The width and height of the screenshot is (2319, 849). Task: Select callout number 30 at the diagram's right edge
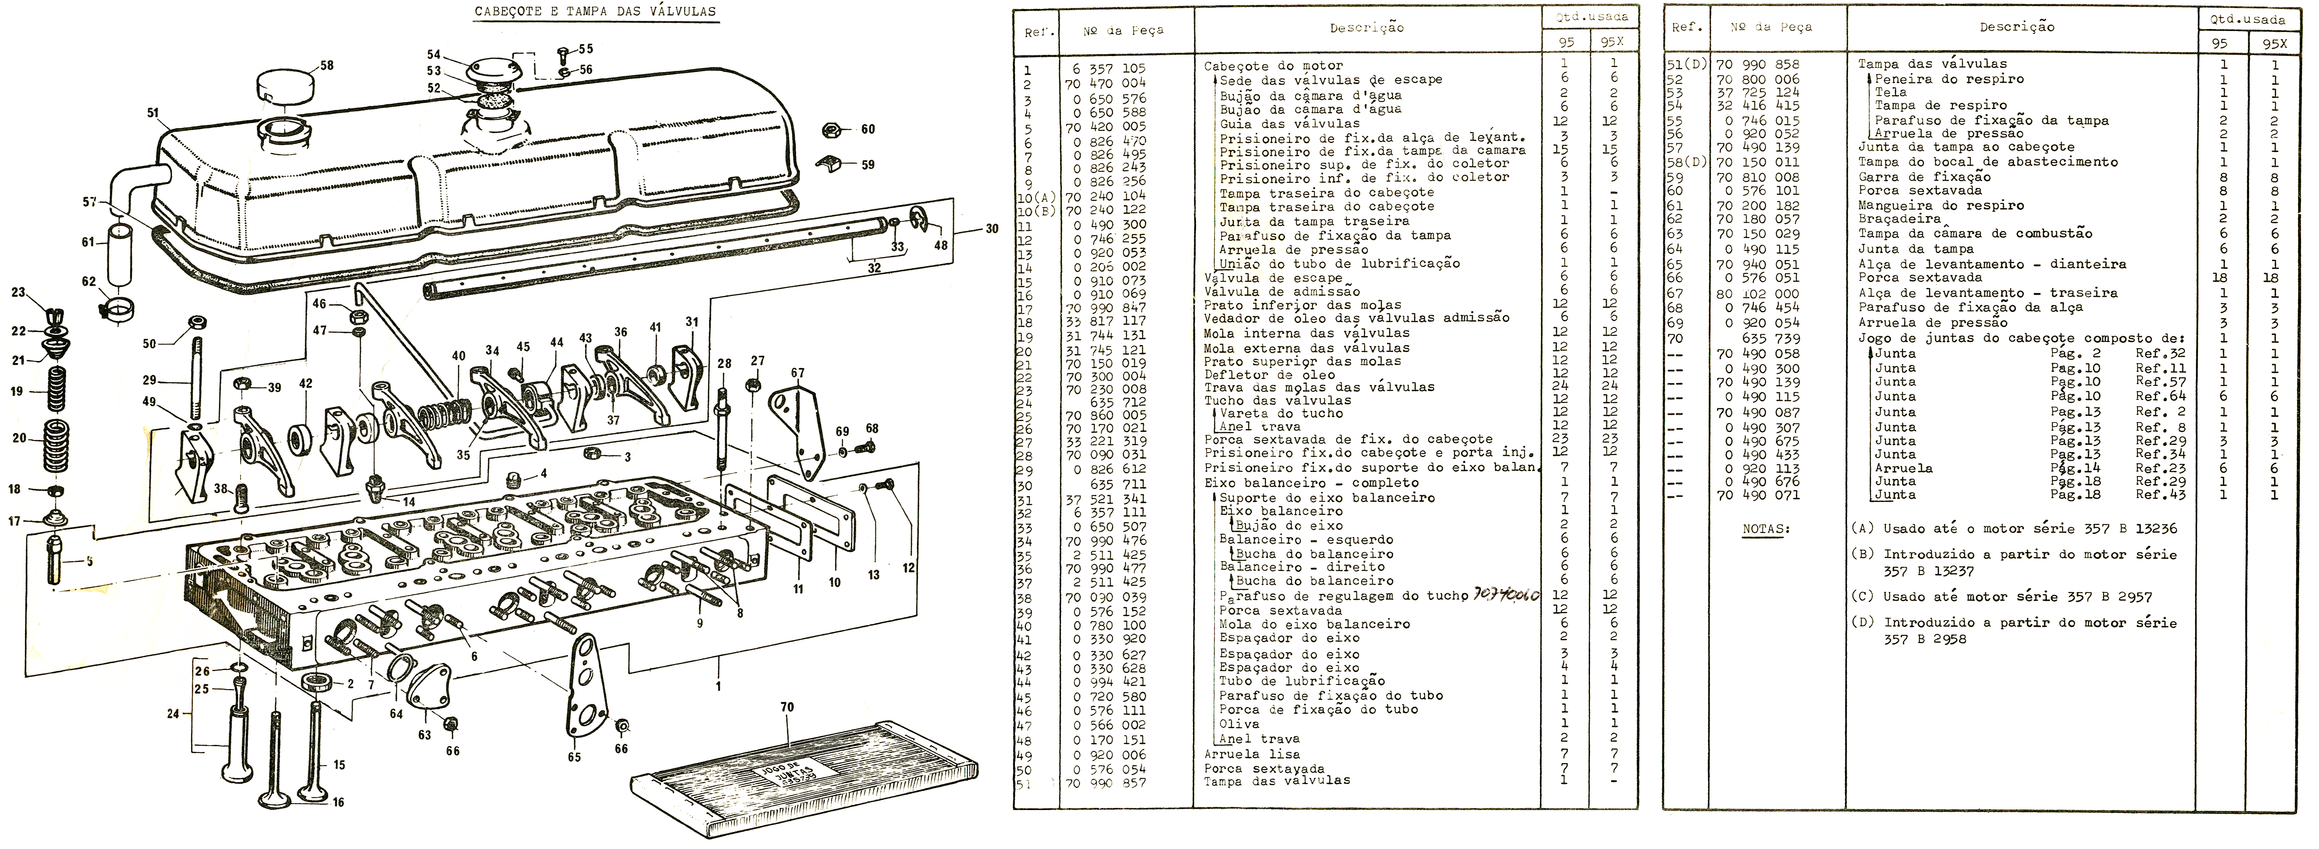991,229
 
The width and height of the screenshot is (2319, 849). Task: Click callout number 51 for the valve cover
153,113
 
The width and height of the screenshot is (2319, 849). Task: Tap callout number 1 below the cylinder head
718,686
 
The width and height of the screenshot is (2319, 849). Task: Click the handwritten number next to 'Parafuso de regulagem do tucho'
1508,595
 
